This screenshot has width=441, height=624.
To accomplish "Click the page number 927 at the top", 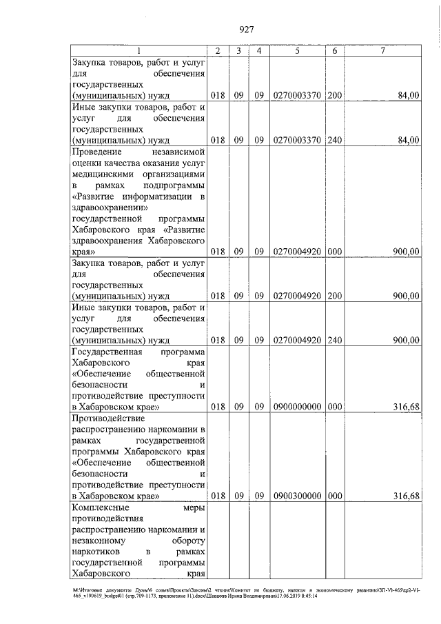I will point(247,30).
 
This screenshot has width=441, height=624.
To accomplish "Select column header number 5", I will point(297,51).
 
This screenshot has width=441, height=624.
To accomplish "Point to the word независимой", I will point(177,152).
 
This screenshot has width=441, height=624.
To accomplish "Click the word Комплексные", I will point(99,507).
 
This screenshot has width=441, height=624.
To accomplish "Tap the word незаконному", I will point(99,541).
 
